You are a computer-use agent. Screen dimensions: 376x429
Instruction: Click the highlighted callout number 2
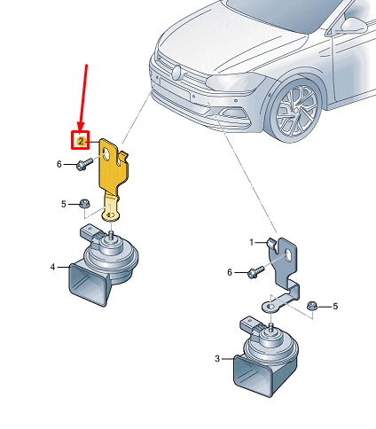(81, 141)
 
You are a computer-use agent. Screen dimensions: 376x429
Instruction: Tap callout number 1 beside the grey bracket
(252, 243)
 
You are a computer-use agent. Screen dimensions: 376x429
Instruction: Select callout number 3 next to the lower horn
(217, 359)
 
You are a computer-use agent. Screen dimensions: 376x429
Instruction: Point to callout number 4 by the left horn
(52, 267)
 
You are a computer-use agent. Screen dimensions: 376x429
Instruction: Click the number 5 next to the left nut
(64, 204)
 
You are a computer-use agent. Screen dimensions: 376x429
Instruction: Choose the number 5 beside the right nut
(335, 306)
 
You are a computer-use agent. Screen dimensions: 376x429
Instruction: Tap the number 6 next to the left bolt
(59, 164)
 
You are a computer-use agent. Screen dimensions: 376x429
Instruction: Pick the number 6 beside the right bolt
(230, 272)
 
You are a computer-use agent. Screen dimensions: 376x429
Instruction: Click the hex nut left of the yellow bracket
(85, 203)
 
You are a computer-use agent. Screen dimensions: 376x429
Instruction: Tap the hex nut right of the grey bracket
(312, 306)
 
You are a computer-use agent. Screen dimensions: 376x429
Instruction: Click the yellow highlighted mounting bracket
(113, 175)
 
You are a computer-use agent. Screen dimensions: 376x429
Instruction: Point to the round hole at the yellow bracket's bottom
(111, 214)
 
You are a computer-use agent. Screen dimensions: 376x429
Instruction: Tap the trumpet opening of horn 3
(253, 376)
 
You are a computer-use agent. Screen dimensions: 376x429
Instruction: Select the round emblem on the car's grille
(176, 73)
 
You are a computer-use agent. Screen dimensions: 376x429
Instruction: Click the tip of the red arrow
(80, 130)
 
